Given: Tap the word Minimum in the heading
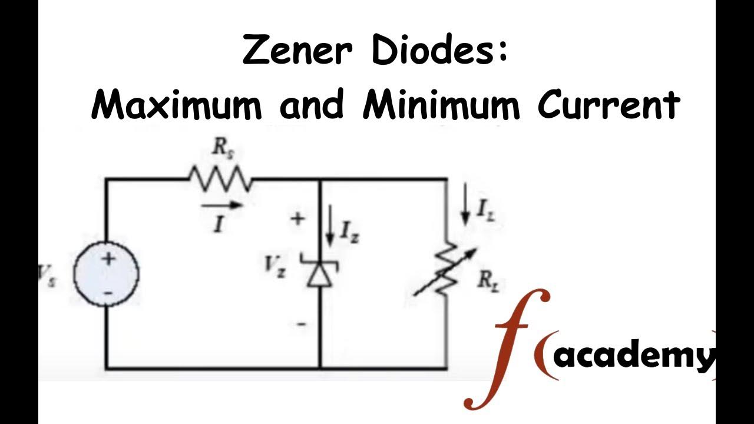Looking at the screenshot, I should [x=441, y=105].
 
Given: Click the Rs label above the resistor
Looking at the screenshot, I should [x=222, y=150].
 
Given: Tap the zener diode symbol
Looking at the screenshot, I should [x=320, y=271].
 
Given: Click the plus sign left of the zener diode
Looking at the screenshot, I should [x=298, y=218].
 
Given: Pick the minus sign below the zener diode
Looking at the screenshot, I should [x=302, y=324].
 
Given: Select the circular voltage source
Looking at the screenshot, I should [x=107, y=274].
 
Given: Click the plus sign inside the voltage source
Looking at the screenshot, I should [x=108, y=259].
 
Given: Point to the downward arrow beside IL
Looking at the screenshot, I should [x=465, y=209].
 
